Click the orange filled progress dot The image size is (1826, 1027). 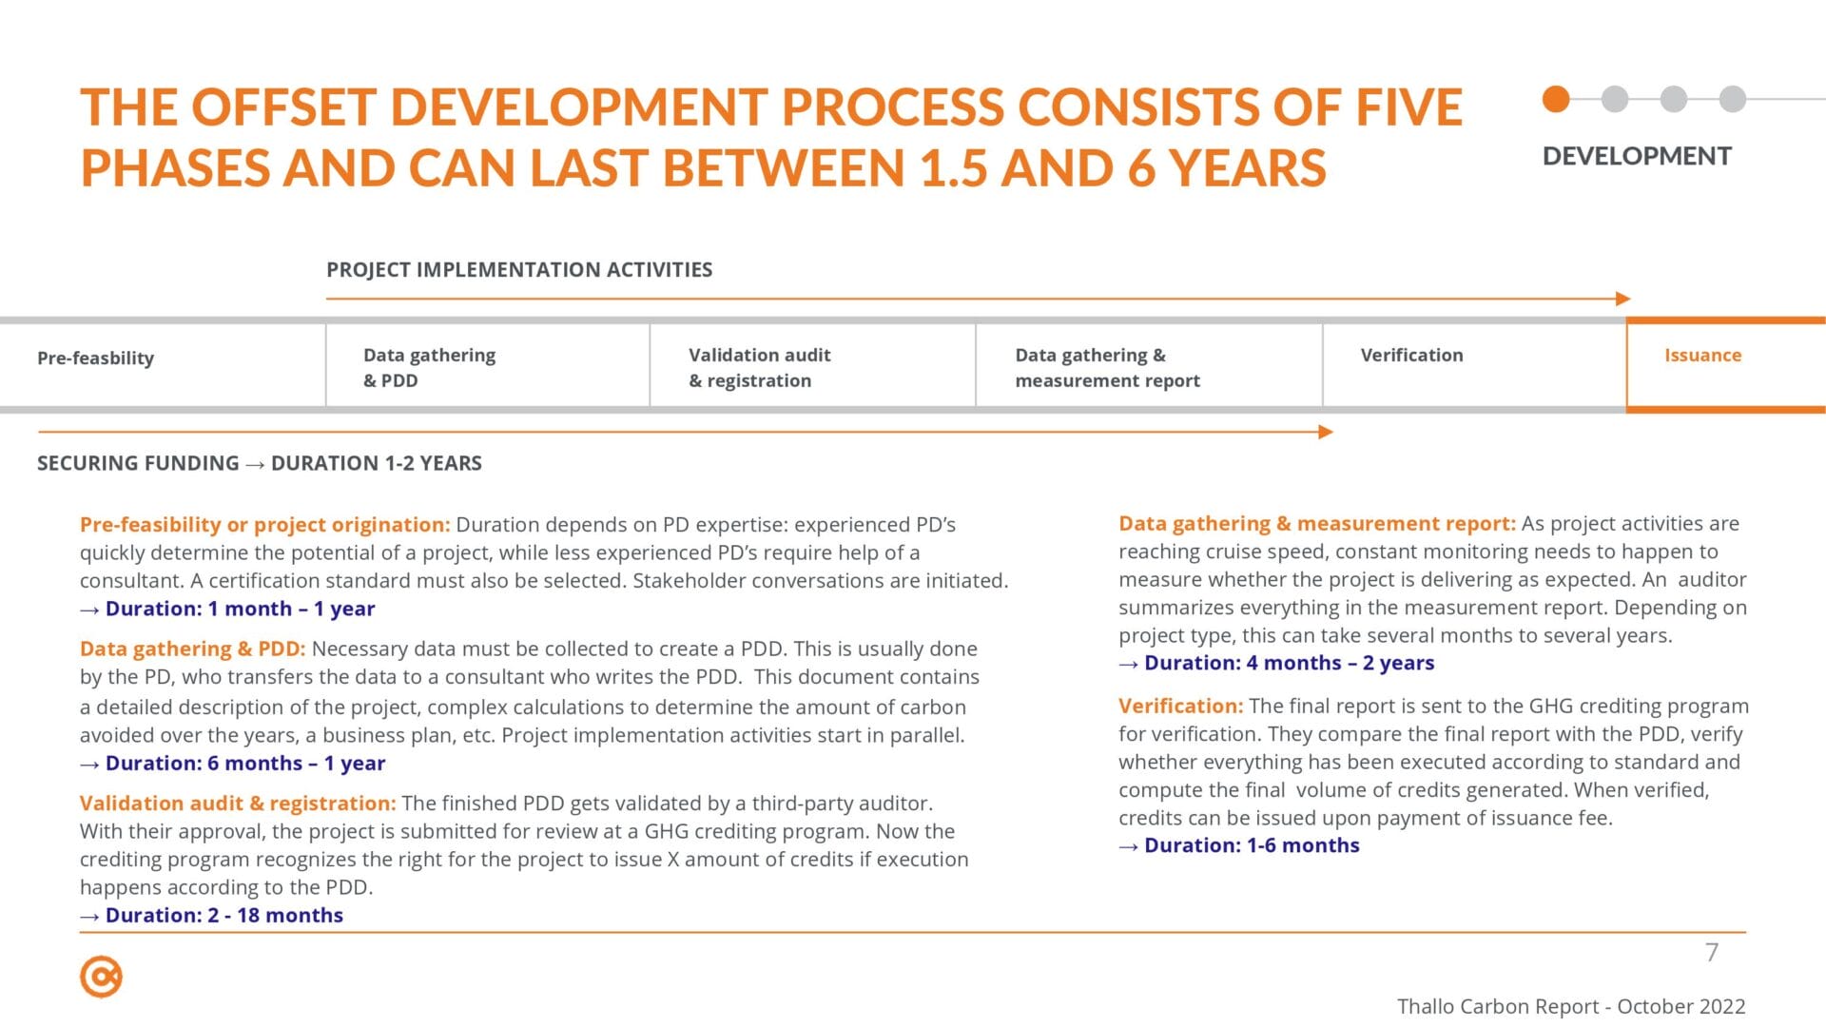pyautogui.click(x=1556, y=99)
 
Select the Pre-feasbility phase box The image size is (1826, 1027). pyautogui.click(x=163, y=366)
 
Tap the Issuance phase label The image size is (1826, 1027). pyautogui.click(x=1702, y=355)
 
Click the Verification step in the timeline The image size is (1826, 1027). pyautogui.click(x=1474, y=366)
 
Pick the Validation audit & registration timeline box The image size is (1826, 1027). pyautogui.click(x=813, y=366)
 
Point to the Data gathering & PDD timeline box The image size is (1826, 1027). pyautogui.click(x=488, y=366)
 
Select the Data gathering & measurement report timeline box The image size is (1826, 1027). pyautogui.click(x=1149, y=366)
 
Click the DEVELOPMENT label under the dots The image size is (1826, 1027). pyautogui.click(x=1637, y=156)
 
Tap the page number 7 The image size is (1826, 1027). pyautogui.click(x=1712, y=952)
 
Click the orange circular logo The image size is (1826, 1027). pyautogui.click(x=101, y=977)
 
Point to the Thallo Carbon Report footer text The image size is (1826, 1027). pyautogui.click(x=1571, y=1006)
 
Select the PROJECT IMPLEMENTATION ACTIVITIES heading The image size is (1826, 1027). pyautogui.click(x=519, y=269)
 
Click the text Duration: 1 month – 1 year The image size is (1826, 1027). pyautogui.click(x=240, y=609)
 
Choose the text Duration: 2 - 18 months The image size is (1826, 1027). pyautogui.click(x=224, y=915)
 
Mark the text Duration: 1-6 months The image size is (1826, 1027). pyautogui.click(x=1252, y=845)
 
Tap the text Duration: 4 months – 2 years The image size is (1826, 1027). pyautogui.click(x=1289, y=663)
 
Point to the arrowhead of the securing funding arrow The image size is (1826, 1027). pyautogui.click(x=1327, y=432)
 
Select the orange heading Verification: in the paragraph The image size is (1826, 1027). pyautogui.click(x=1180, y=706)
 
